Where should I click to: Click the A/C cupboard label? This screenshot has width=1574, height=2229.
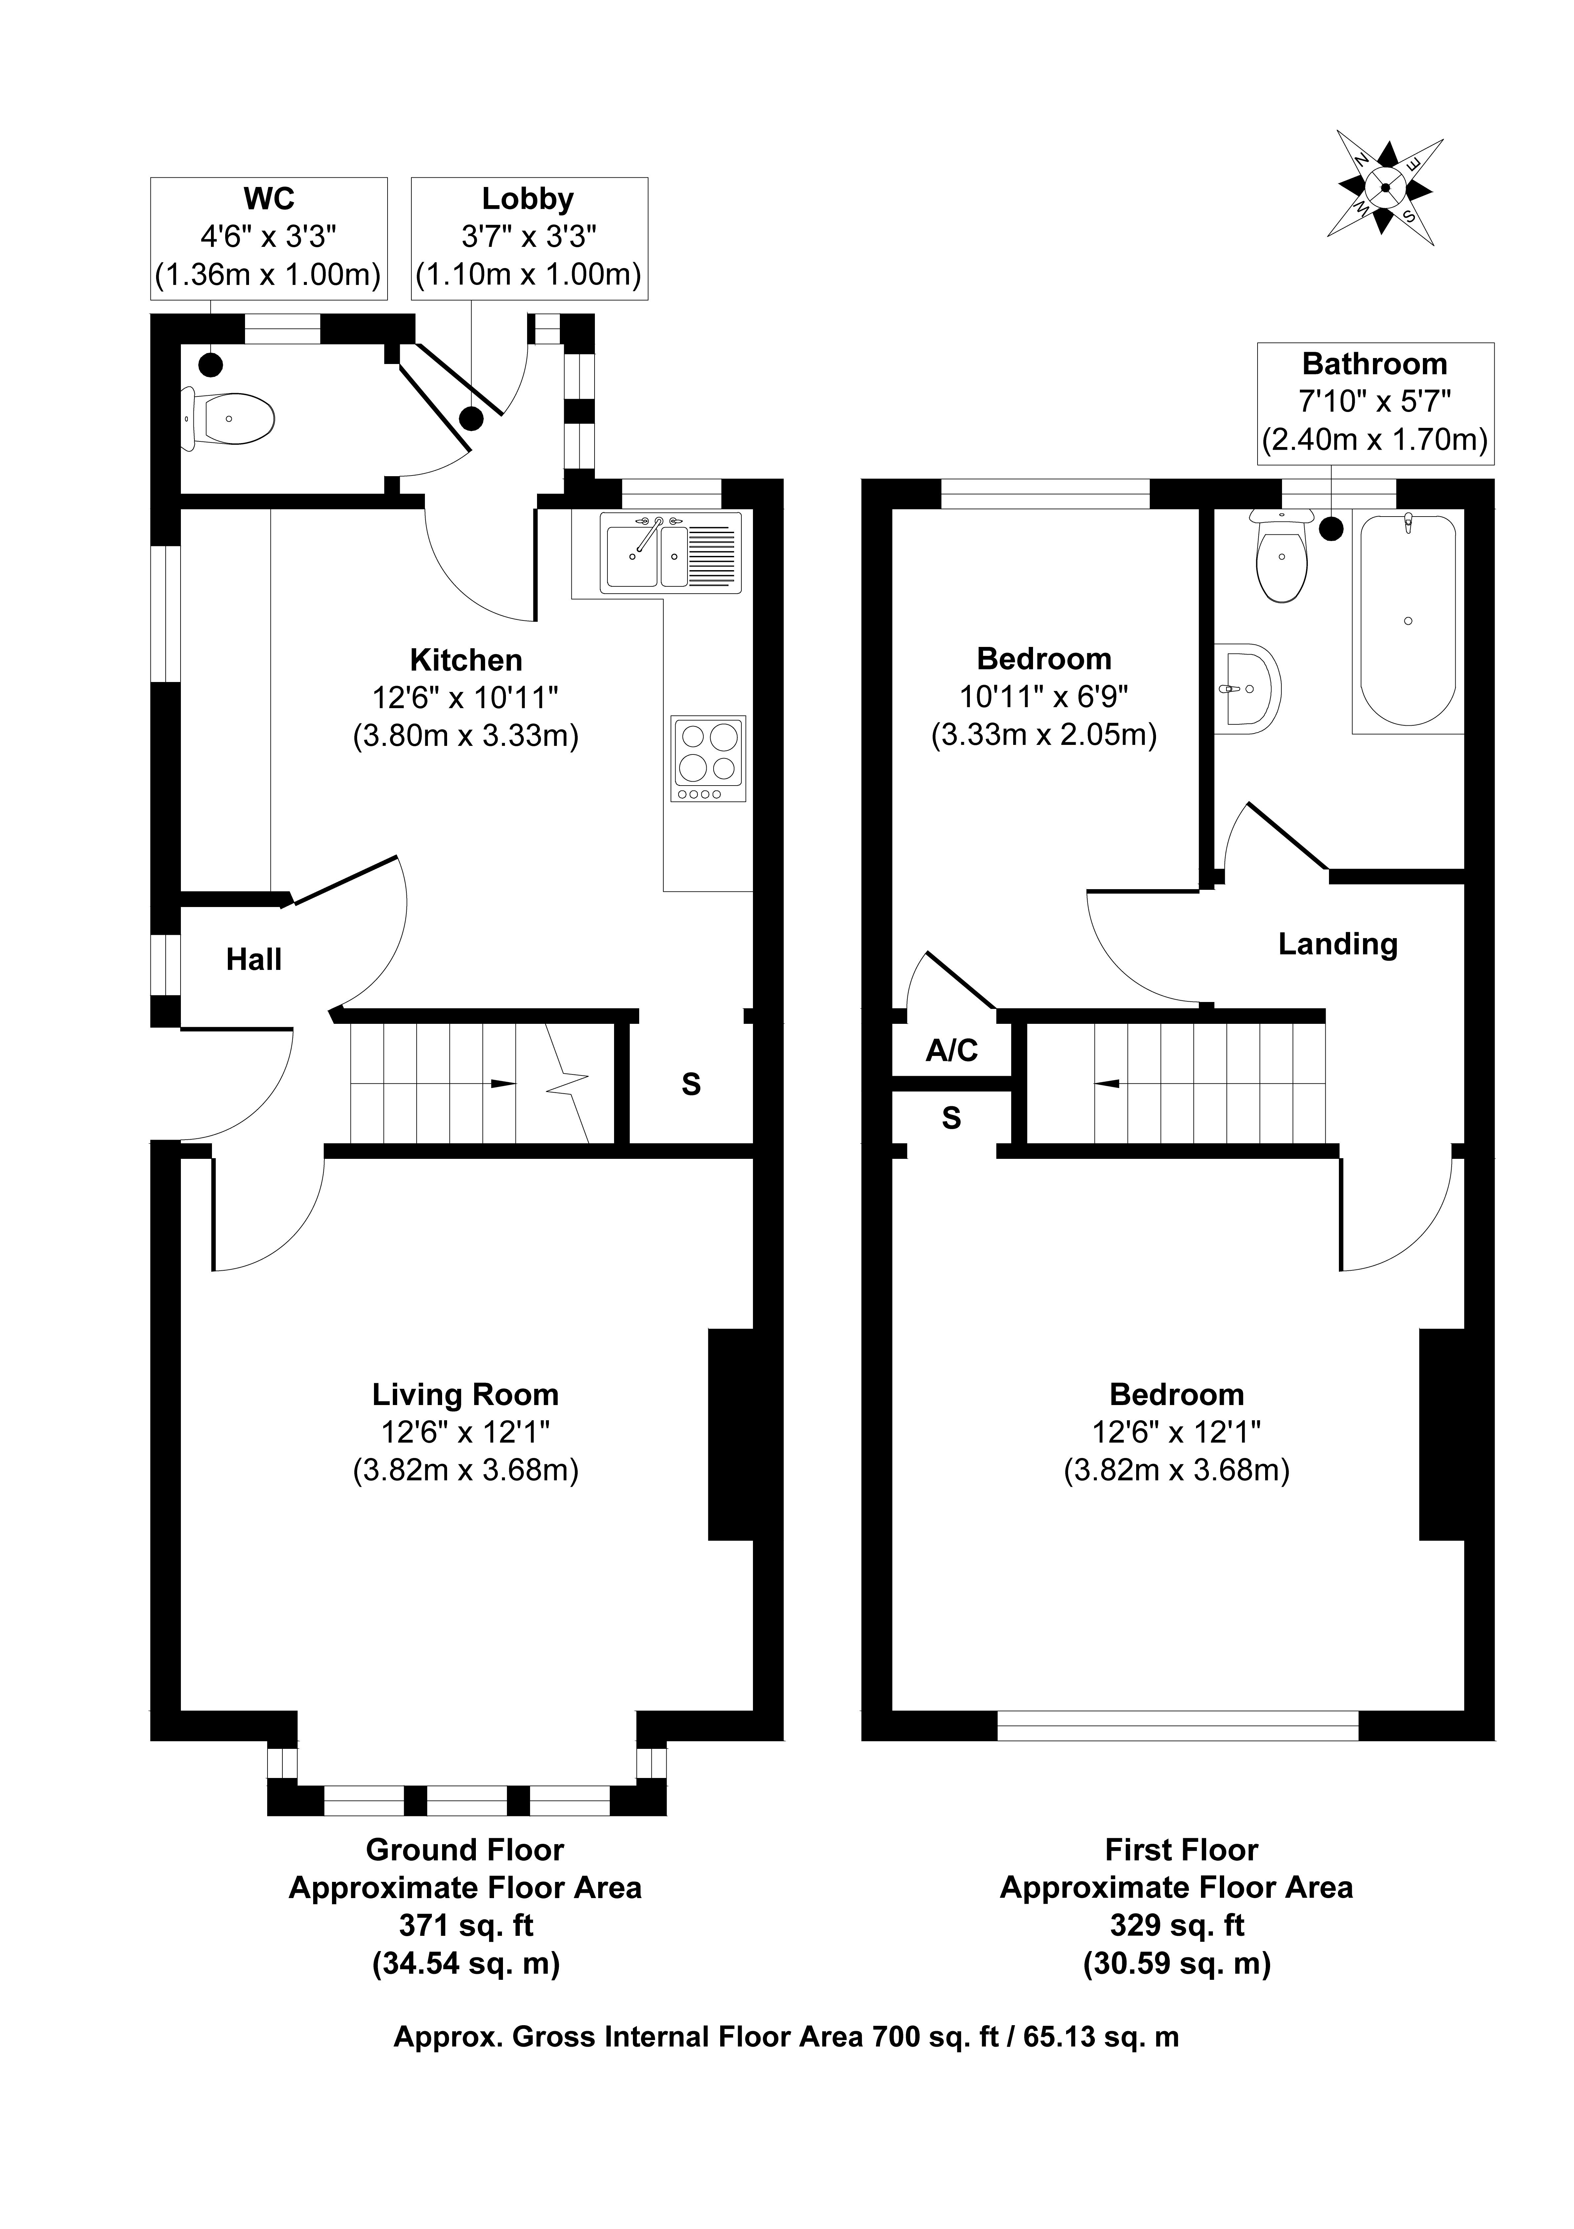point(952,1050)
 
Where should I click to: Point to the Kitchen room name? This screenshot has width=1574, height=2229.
point(466,660)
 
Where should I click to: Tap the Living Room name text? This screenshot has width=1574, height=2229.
point(466,1395)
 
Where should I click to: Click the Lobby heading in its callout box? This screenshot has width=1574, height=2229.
point(528,199)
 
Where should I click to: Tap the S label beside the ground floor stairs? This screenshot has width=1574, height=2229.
point(691,1084)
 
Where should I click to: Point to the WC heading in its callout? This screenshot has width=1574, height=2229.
point(269,199)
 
